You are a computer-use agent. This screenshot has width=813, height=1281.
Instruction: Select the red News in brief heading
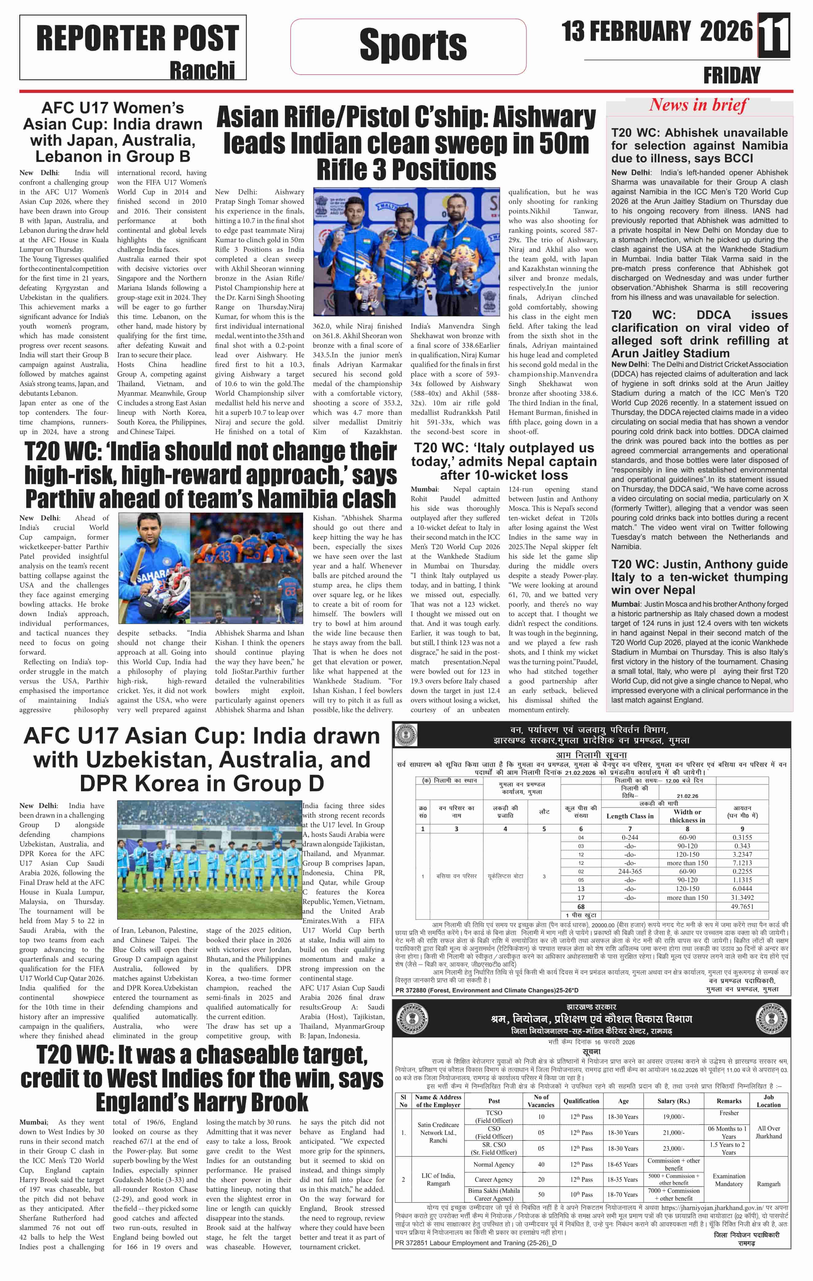(x=698, y=105)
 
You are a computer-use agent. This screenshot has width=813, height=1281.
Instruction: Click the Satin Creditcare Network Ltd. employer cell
(x=438, y=1132)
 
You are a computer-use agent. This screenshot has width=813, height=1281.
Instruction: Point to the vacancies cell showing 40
(x=541, y=1164)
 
